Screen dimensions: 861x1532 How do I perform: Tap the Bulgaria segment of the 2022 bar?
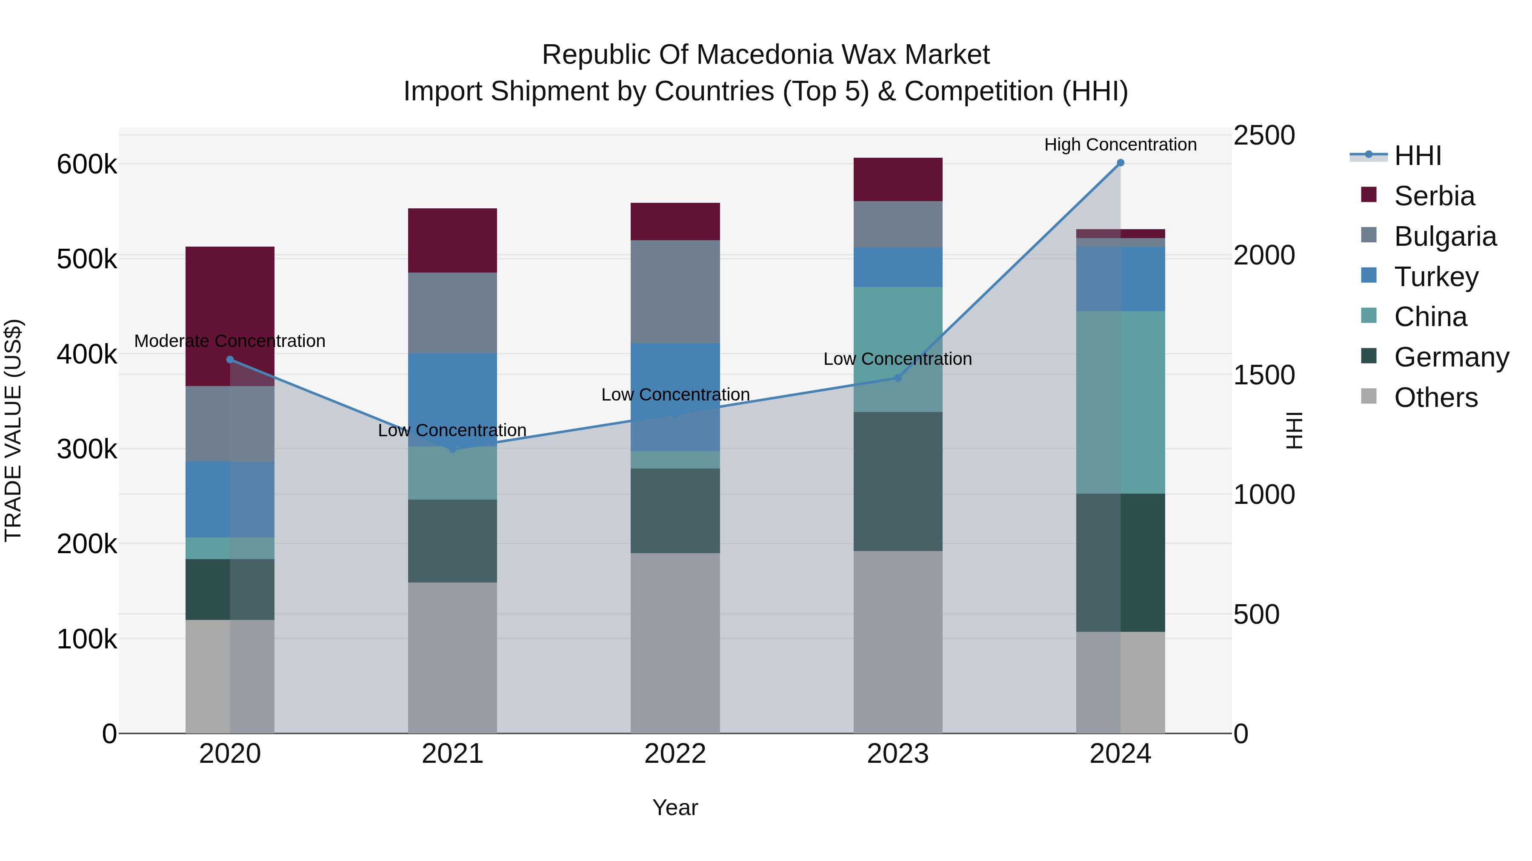675,291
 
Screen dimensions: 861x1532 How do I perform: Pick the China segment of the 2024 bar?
1120,402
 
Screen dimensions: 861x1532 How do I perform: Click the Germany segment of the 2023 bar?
897,481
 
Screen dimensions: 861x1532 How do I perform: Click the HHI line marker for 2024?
1120,163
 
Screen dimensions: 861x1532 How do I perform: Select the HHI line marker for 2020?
230,359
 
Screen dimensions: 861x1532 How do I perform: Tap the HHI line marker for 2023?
898,378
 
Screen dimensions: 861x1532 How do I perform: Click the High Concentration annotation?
1120,145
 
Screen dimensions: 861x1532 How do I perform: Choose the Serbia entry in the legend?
1434,196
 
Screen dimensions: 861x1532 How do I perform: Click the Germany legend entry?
1451,357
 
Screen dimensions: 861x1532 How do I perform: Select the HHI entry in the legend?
1417,156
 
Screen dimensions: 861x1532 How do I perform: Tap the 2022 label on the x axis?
675,754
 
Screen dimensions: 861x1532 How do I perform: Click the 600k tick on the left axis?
87,165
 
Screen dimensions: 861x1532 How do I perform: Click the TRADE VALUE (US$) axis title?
13,430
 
